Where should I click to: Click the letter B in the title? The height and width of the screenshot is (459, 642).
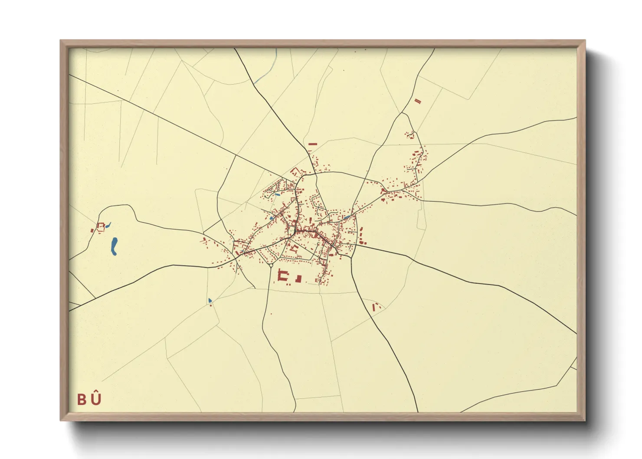tap(82, 400)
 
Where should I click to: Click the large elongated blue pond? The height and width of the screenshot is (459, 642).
tap(114, 246)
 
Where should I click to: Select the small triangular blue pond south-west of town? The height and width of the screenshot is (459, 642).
tap(210, 300)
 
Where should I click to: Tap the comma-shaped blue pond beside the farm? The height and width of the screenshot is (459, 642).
tap(108, 225)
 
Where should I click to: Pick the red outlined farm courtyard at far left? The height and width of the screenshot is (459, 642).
tap(101, 227)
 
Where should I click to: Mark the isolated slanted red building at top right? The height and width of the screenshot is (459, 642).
tap(418, 101)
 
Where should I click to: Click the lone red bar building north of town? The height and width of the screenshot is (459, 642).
tap(312, 144)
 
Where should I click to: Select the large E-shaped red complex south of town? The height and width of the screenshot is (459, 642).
tap(284, 277)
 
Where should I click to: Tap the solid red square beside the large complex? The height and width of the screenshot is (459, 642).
tap(298, 279)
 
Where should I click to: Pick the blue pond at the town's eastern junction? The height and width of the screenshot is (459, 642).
tap(347, 216)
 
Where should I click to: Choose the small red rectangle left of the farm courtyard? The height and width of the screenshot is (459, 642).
tap(92, 230)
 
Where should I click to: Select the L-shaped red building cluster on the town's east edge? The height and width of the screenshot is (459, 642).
tap(361, 237)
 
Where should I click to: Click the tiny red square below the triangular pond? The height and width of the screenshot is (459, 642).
tap(211, 305)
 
